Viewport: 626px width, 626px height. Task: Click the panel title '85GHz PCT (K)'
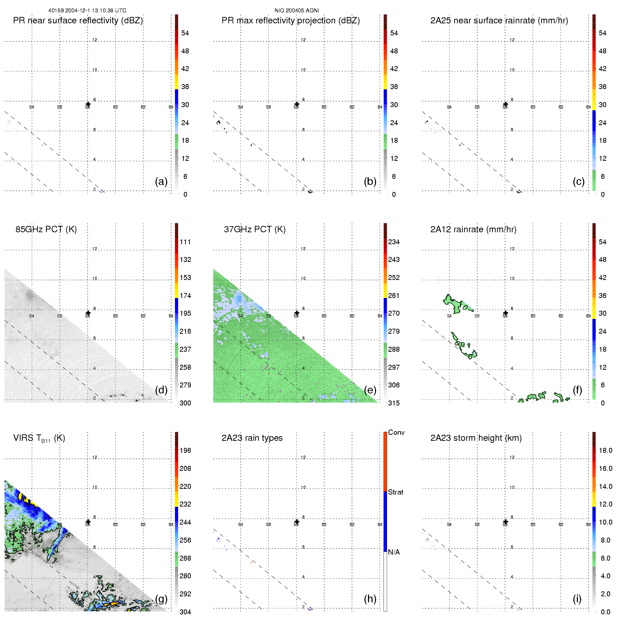46,229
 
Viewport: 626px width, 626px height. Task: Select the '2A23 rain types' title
252,438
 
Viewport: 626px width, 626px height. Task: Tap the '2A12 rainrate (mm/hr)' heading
473,229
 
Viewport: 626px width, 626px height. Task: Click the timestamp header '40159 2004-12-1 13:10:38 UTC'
87,11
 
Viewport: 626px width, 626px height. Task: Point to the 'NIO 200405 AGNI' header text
297,11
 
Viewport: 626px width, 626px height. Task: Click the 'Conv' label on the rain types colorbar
396,432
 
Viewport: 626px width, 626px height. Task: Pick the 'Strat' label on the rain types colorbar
395,492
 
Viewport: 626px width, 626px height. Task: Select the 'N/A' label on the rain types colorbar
394,552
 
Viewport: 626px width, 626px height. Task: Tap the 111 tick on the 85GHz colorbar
185,242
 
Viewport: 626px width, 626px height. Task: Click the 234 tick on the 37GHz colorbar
394,242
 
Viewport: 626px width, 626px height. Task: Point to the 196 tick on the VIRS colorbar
185,450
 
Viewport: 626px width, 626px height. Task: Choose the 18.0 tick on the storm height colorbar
605,450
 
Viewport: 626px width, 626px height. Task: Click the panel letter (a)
161,181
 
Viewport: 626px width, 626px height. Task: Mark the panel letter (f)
577,390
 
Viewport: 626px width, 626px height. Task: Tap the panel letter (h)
370,598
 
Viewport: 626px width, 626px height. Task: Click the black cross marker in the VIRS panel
88,522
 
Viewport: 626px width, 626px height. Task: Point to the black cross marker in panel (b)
297,104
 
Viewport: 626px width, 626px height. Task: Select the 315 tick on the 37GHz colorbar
394,403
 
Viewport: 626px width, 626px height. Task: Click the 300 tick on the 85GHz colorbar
185,403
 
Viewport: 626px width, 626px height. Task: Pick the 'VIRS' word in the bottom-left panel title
23,438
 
